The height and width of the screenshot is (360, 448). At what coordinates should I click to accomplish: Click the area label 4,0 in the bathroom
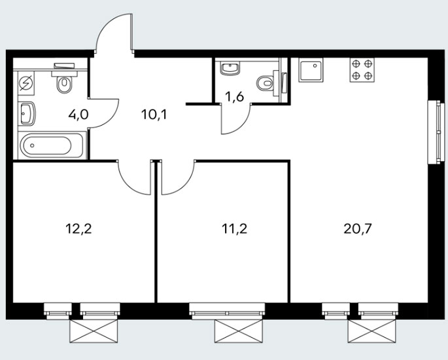(78, 115)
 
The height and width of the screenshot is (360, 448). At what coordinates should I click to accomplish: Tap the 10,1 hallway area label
(154, 115)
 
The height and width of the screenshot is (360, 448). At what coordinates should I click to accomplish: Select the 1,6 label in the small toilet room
(234, 97)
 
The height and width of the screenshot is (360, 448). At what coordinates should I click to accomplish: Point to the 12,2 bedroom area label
(78, 228)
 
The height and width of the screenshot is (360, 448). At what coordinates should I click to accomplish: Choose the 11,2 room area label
(234, 228)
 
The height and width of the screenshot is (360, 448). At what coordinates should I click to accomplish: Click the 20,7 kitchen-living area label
(358, 228)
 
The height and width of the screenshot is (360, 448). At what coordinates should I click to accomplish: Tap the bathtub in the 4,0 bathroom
(52, 145)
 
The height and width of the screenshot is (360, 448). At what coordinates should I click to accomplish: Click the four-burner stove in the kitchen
(362, 70)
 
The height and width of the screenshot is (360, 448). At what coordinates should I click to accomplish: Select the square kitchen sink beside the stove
(311, 70)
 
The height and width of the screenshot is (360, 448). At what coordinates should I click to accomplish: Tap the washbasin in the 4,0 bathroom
(27, 114)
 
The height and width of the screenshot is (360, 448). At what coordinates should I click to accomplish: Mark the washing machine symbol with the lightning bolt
(26, 83)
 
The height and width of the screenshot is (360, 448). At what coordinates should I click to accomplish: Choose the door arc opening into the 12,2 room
(130, 183)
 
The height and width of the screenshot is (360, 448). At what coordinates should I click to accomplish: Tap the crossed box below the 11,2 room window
(239, 331)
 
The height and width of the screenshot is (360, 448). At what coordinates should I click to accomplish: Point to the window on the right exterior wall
(437, 132)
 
